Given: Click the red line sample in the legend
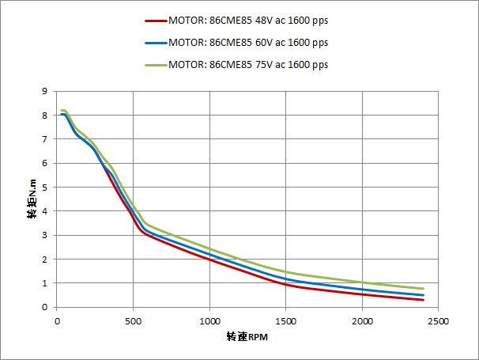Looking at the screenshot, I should tap(156, 21).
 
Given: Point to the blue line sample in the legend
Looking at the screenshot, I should tap(156, 43).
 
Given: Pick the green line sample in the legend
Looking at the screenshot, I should tap(156, 65).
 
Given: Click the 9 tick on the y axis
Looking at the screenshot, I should tap(46, 91).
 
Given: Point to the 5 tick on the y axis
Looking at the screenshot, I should tap(46, 187).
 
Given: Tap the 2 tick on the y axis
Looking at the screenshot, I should tap(46, 259).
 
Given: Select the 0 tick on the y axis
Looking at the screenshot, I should tap(46, 307).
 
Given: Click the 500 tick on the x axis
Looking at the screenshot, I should tap(133, 321).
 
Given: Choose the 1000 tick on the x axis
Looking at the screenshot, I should tap(209, 321).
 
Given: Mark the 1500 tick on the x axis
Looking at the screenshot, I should tap(286, 321).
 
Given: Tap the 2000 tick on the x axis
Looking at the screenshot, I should tap(363, 321).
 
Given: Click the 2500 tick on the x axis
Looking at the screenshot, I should tap(439, 321).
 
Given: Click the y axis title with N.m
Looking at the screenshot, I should tap(32, 199).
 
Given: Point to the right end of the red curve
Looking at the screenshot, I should tap(424, 300).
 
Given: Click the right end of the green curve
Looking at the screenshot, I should tap(424, 289).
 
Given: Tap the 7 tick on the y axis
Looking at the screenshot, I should tap(46, 139).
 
